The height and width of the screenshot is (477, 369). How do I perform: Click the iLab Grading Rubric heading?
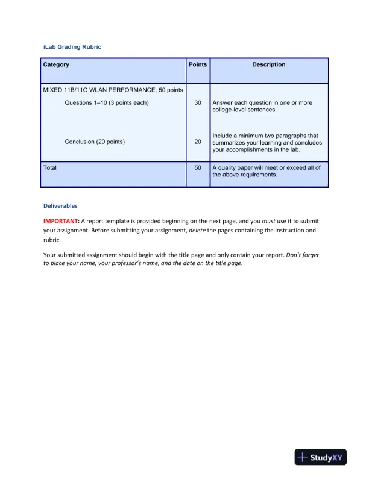68,46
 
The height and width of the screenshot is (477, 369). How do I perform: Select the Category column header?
56,64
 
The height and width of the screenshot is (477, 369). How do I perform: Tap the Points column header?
198,64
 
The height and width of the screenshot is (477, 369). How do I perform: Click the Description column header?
269,64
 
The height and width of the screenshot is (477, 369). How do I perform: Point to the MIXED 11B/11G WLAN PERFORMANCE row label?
113,90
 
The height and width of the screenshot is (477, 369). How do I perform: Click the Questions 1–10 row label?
107,103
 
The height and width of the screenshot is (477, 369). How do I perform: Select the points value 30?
198,103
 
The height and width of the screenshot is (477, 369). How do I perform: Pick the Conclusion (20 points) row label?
95,142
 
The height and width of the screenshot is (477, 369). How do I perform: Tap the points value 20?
198,142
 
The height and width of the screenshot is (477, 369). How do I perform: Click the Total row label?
50,167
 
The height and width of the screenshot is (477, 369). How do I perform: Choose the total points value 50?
198,167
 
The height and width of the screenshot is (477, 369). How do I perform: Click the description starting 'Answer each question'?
262,107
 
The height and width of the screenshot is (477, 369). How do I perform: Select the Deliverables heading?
60,205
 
